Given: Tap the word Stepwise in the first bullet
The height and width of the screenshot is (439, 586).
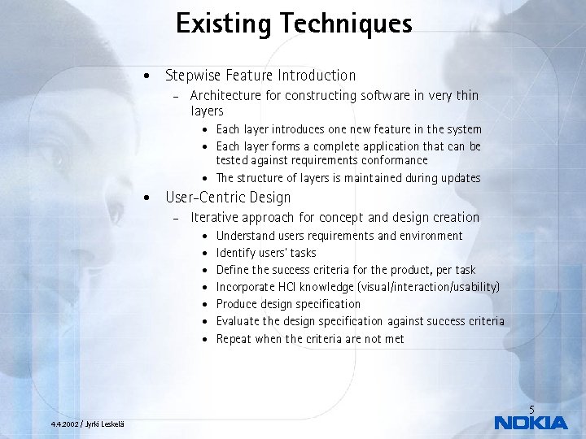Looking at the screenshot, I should tap(192, 76).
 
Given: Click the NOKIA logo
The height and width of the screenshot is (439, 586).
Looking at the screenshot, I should tap(531, 422).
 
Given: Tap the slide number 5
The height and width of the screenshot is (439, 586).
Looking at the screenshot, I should tap(531, 409).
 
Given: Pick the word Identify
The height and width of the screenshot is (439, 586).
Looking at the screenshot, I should tap(236, 253).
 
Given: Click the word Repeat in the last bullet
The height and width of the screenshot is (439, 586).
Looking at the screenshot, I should tap(234, 339).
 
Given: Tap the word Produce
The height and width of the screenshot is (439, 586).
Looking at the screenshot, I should tap(237, 304).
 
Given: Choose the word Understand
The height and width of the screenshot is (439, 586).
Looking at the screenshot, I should tap(244, 236).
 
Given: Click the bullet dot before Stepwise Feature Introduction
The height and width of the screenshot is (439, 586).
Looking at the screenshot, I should tap(145, 76).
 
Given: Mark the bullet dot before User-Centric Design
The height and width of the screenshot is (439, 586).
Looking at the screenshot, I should tap(145, 198).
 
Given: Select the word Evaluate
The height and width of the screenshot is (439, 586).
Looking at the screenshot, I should tap(237, 321).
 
